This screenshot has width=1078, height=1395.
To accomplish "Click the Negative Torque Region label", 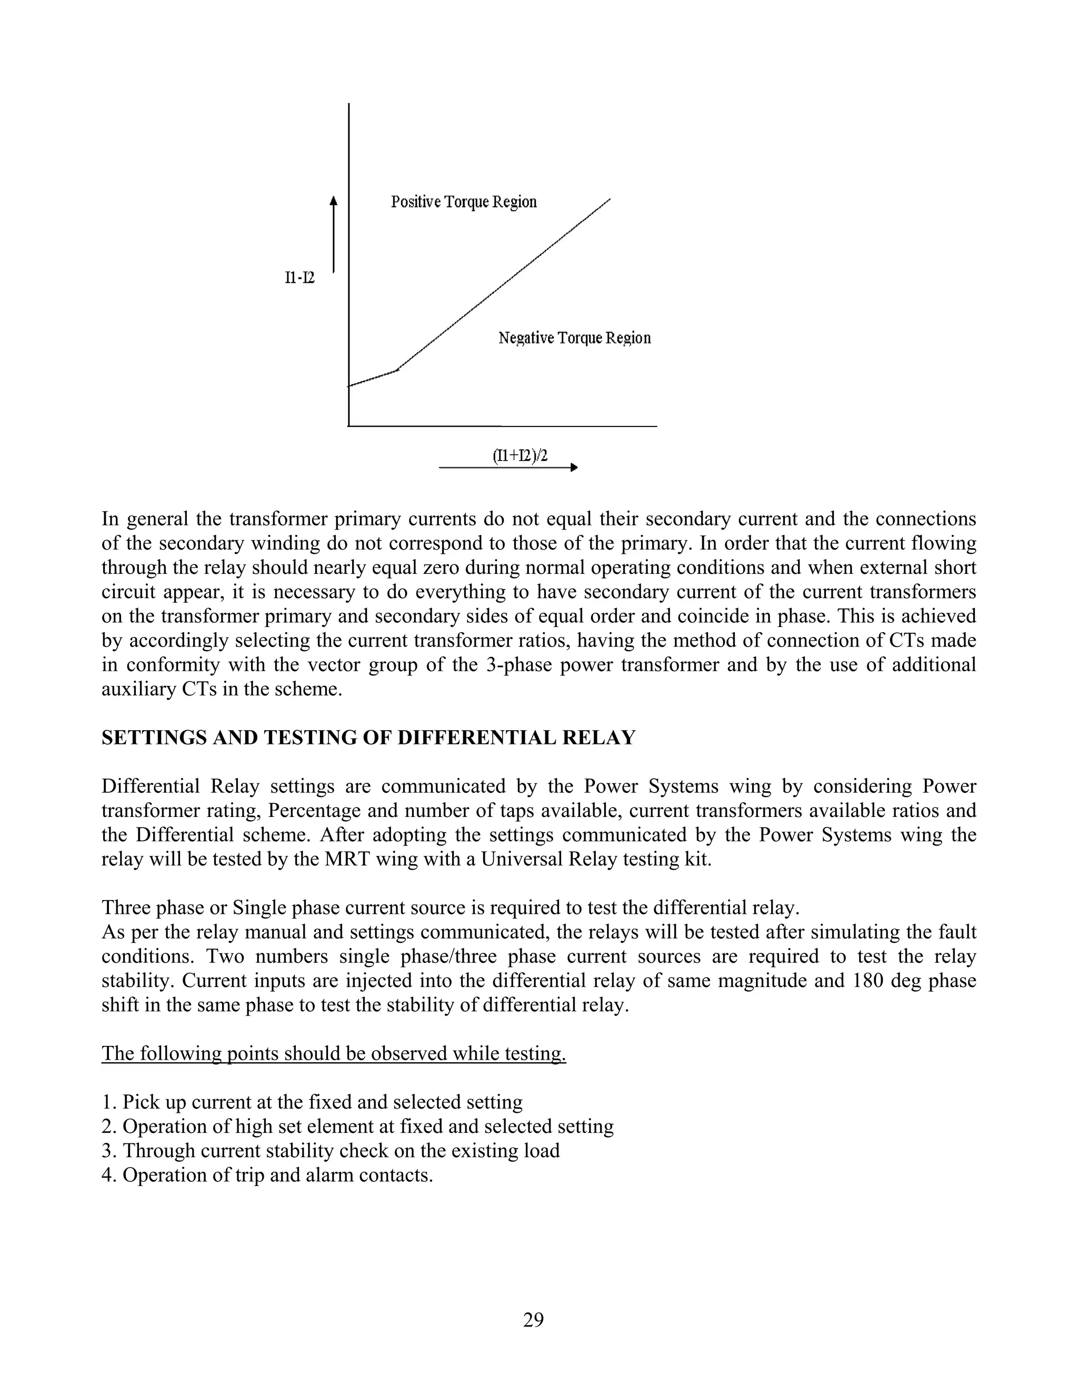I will coord(574,338).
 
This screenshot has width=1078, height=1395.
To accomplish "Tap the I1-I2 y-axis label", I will coord(300,278).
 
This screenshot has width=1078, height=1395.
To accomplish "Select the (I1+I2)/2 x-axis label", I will coord(520,455).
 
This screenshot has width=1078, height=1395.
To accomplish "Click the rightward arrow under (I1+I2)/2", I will coord(508,468).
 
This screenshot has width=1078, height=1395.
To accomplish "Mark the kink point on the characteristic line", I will coord(397,370).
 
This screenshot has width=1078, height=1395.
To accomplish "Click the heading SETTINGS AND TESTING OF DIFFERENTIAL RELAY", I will coord(368,738).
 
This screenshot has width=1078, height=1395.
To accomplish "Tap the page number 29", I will coord(533,1319).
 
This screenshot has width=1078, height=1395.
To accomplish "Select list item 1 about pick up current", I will coord(312,1102).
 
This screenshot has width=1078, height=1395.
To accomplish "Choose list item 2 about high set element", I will coord(357,1126).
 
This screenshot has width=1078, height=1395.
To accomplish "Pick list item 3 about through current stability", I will coord(330,1150).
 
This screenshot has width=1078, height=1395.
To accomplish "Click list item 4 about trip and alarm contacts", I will coord(267,1174).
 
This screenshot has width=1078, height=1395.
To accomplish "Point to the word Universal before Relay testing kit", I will coord(521,859).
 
